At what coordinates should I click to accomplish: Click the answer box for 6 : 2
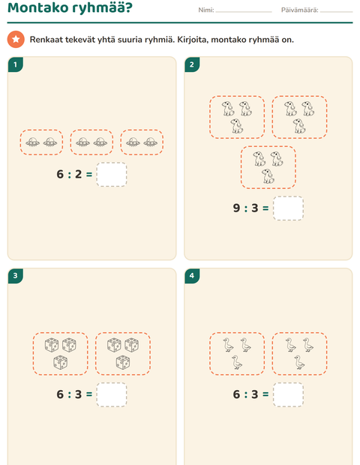pyautogui.click(x=112, y=174)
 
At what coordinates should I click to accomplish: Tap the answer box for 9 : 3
pyautogui.click(x=288, y=208)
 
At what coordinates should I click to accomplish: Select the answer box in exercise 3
pyautogui.click(x=112, y=394)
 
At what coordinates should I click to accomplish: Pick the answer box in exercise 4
pyautogui.click(x=288, y=394)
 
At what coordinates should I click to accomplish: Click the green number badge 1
pyautogui.click(x=16, y=64)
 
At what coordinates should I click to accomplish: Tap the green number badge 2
pyautogui.click(x=192, y=64)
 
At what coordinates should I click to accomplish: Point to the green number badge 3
pyautogui.click(x=16, y=276)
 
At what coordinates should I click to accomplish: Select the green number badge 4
pyautogui.click(x=192, y=276)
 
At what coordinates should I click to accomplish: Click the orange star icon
pyautogui.click(x=16, y=39)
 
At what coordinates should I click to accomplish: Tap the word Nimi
pyautogui.click(x=205, y=10)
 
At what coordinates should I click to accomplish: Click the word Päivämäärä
pyautogui.click(x=299, y=10)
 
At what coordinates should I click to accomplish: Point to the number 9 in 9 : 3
pyautogui.click(x=236, y=208)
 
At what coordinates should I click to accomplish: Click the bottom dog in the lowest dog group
pyautogui.click(x=268, y=176)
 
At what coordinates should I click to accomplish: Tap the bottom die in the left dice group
pyautogui.click(x=60, y=363)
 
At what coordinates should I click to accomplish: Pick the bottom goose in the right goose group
pyautogui.click(x=299, y=362)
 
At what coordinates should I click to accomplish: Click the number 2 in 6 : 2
pyautogui.click(x=78, y=174)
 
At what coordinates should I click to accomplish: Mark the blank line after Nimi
pyautogui.click(x=244, y=12)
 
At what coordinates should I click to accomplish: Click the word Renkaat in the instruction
pyautogui.click(x=46, y=40)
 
